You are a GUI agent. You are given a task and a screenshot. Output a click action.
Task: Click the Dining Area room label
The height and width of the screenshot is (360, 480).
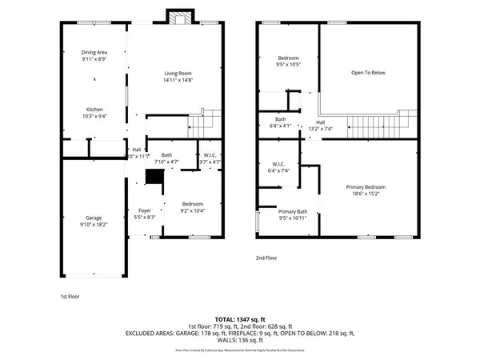tap(95, 53)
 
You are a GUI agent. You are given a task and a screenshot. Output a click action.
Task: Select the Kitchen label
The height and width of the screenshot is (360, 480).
tap(95, 110)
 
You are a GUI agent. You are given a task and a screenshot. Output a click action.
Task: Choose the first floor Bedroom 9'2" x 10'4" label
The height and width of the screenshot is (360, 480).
tap(192, 203)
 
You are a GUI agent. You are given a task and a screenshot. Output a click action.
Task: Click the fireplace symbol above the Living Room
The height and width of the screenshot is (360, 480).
tap(178, 17)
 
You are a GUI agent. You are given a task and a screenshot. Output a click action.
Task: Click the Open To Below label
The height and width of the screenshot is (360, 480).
tap(368, 73)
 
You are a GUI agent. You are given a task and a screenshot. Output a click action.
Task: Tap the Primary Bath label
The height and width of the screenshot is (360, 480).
tap(293, 211)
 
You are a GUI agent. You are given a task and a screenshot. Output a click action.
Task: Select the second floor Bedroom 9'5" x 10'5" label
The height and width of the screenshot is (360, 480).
tap(289, 58)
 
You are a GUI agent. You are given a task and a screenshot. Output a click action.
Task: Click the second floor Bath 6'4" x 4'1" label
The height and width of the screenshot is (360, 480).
tap(281, 118)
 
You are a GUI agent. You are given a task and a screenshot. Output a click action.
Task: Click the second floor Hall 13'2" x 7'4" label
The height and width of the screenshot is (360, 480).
tap(320, 122)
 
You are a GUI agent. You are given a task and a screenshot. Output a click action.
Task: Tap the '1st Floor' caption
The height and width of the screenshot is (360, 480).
tap(70, 297)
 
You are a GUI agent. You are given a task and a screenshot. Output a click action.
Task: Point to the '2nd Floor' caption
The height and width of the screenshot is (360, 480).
tap(266, 258)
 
